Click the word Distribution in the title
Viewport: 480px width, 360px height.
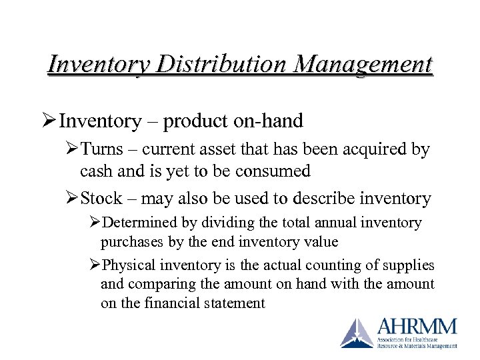coord(213,65)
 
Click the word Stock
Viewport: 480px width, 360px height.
coord(101,198)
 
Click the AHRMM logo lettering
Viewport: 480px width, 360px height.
coord(417,327)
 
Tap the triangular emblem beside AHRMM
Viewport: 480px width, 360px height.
coord(357,333)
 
